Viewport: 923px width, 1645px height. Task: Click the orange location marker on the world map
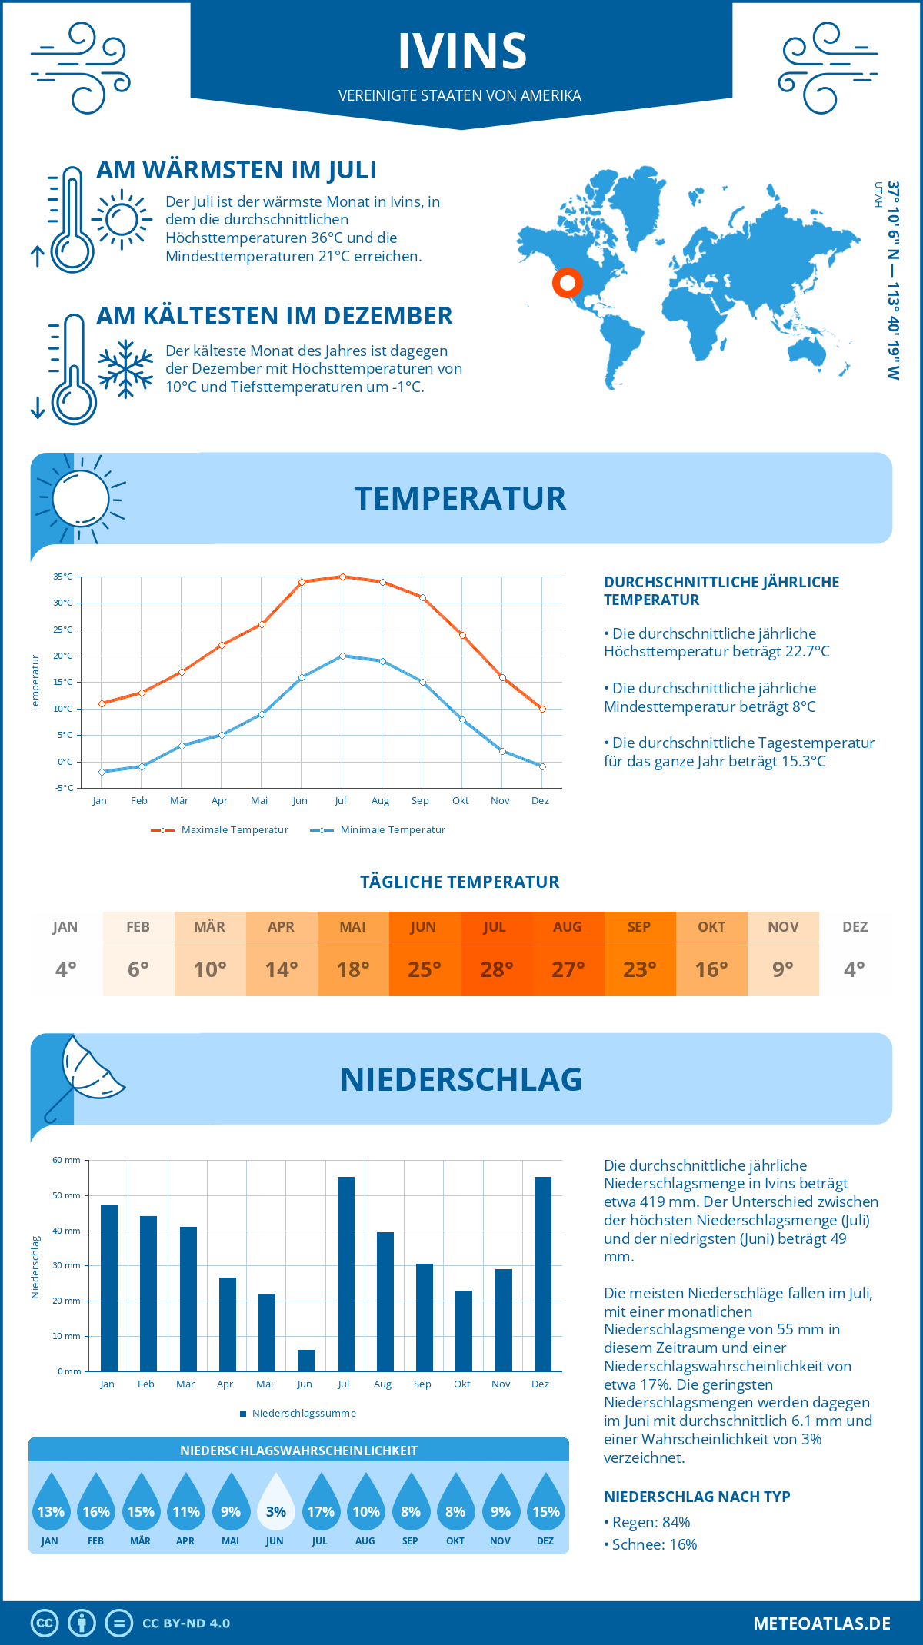tap(568, 283)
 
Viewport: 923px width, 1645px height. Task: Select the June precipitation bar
tap(306, 1360)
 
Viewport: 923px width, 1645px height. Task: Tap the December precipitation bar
tap(542, 1274)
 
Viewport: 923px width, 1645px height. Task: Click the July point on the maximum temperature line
tap(342, 577)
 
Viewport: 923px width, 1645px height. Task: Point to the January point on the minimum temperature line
tap(102, 772)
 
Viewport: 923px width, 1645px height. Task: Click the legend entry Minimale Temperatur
tap(378, 830)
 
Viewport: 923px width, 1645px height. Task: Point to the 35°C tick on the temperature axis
tap(63, 577)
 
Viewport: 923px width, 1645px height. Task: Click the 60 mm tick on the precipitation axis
tap(66, 1160)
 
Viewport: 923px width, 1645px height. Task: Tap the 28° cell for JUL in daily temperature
tap(496, 969)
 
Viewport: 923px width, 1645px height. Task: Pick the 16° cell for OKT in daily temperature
tap(711, 969)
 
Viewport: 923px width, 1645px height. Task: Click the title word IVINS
tap(461, 52)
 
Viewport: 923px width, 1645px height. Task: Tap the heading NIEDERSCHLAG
tap(461, 1079)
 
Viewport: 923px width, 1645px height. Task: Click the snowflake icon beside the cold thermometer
tap(125, 369)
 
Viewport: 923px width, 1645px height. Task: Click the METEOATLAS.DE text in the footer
tap(821, 1623)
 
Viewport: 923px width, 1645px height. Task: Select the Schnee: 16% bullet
tap(654, 1544)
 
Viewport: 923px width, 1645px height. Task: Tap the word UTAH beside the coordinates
tap(878, 194)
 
